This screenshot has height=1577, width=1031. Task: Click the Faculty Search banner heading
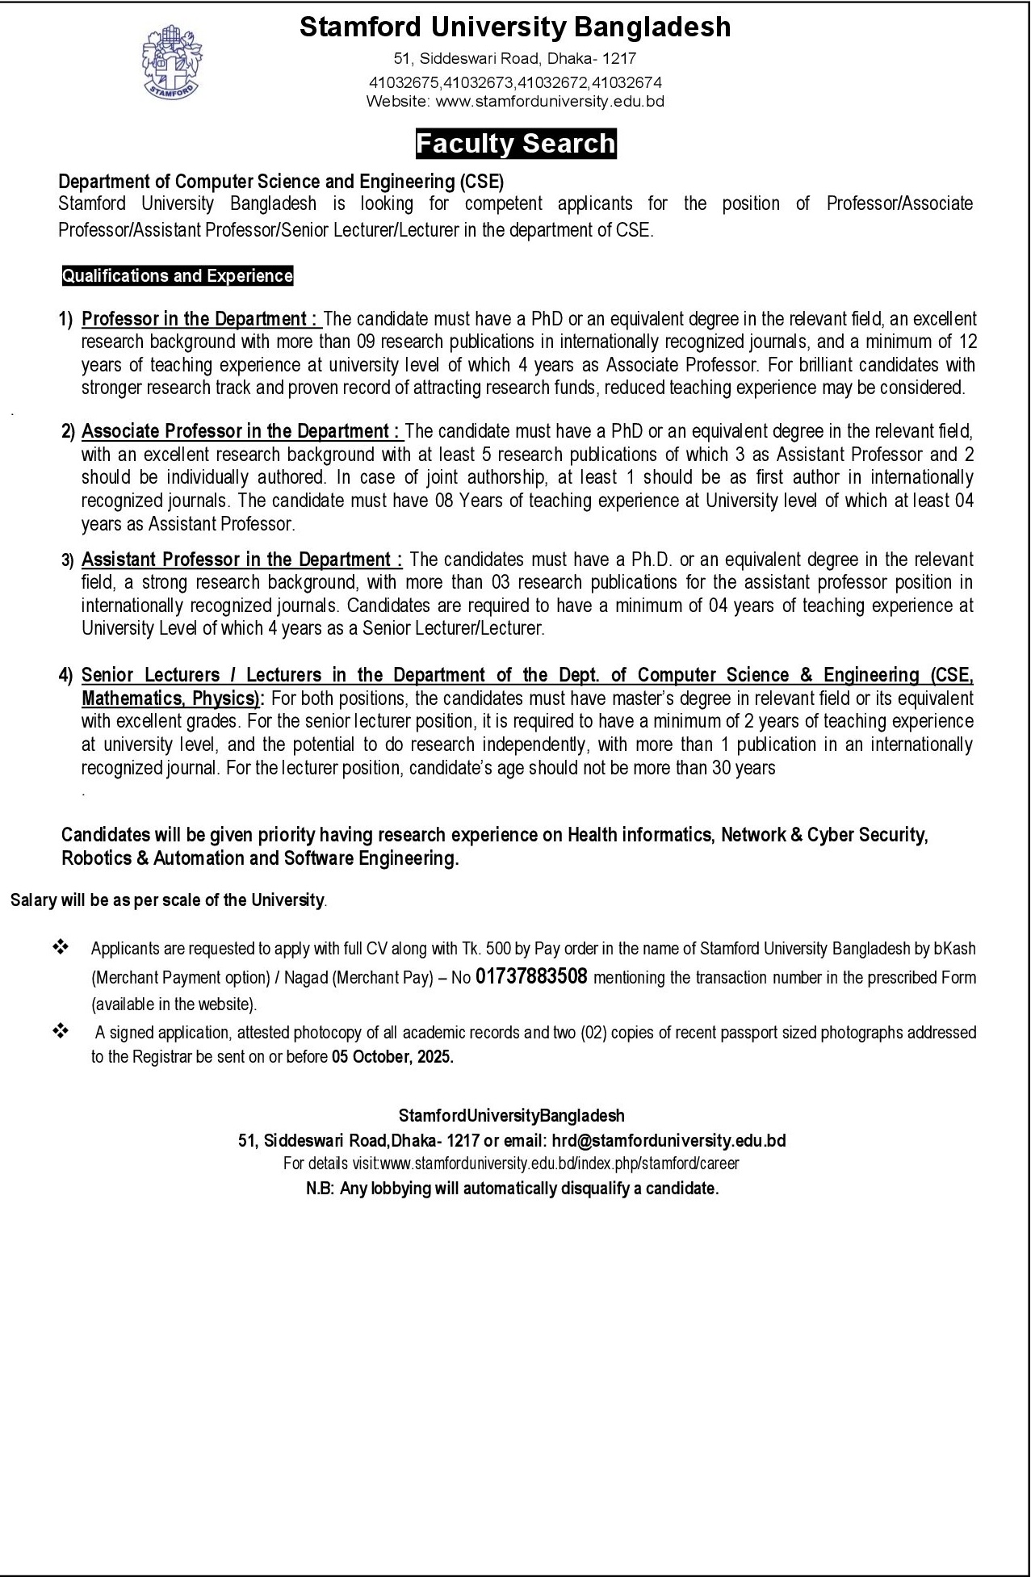(x=516, y=144)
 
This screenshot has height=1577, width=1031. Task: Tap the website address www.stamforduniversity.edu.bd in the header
(x=550, y=102)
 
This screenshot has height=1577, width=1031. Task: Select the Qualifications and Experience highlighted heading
(x=178, y=276)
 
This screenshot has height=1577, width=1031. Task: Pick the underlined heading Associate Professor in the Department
(x=241, y=431)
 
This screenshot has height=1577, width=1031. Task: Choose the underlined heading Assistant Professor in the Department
(x=241, y=560)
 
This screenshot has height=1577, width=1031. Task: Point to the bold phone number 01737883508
(x=531, y=977)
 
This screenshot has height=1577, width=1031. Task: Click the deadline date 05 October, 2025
(x=392, y=1057)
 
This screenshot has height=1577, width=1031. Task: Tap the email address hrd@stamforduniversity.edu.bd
(x=668, y=1141)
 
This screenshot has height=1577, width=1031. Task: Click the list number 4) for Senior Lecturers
(x=66, y=675)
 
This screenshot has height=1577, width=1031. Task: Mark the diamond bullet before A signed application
(x=61, y=1030)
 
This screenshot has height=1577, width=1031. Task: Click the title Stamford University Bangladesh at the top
(x=515, y=28)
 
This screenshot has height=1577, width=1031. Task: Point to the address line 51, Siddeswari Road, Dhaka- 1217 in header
(x=515, y=59)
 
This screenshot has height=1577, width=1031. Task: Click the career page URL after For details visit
(x=559, y=1164)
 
